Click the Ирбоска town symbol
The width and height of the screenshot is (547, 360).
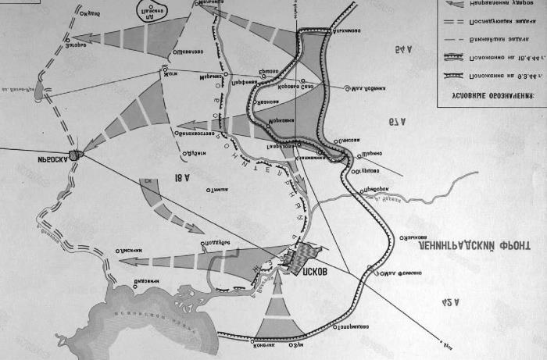76,155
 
